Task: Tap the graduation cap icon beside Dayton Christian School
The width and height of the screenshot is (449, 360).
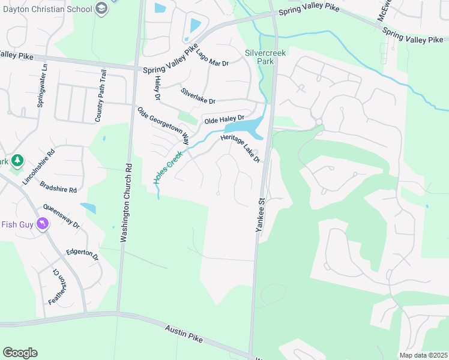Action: tap(101, 8)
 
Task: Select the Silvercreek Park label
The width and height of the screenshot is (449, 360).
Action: tap(264, 56)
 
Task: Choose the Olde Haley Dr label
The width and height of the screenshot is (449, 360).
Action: tap(224, 119)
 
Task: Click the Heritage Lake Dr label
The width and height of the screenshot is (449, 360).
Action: tap(240, 148)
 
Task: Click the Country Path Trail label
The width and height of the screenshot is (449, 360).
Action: tap(101, 96)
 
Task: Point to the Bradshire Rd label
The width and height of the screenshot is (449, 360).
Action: tap(58, 185)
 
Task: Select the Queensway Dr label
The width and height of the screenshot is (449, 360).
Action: tap(61, 215)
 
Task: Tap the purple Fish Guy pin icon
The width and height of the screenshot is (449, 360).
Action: tap(42, 224)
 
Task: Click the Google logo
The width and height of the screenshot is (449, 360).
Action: tap(20, 353)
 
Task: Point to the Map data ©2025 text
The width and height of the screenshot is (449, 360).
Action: tap(422, 355)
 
